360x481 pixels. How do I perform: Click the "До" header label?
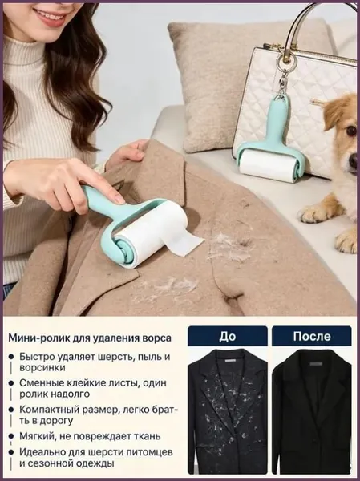228,336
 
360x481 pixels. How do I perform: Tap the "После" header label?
312,336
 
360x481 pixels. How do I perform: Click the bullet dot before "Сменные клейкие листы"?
11,383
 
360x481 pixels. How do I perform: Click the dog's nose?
352,161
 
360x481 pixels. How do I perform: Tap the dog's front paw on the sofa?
316,212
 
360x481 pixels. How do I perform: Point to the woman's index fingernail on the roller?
119,198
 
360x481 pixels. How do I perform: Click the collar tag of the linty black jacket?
229,362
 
